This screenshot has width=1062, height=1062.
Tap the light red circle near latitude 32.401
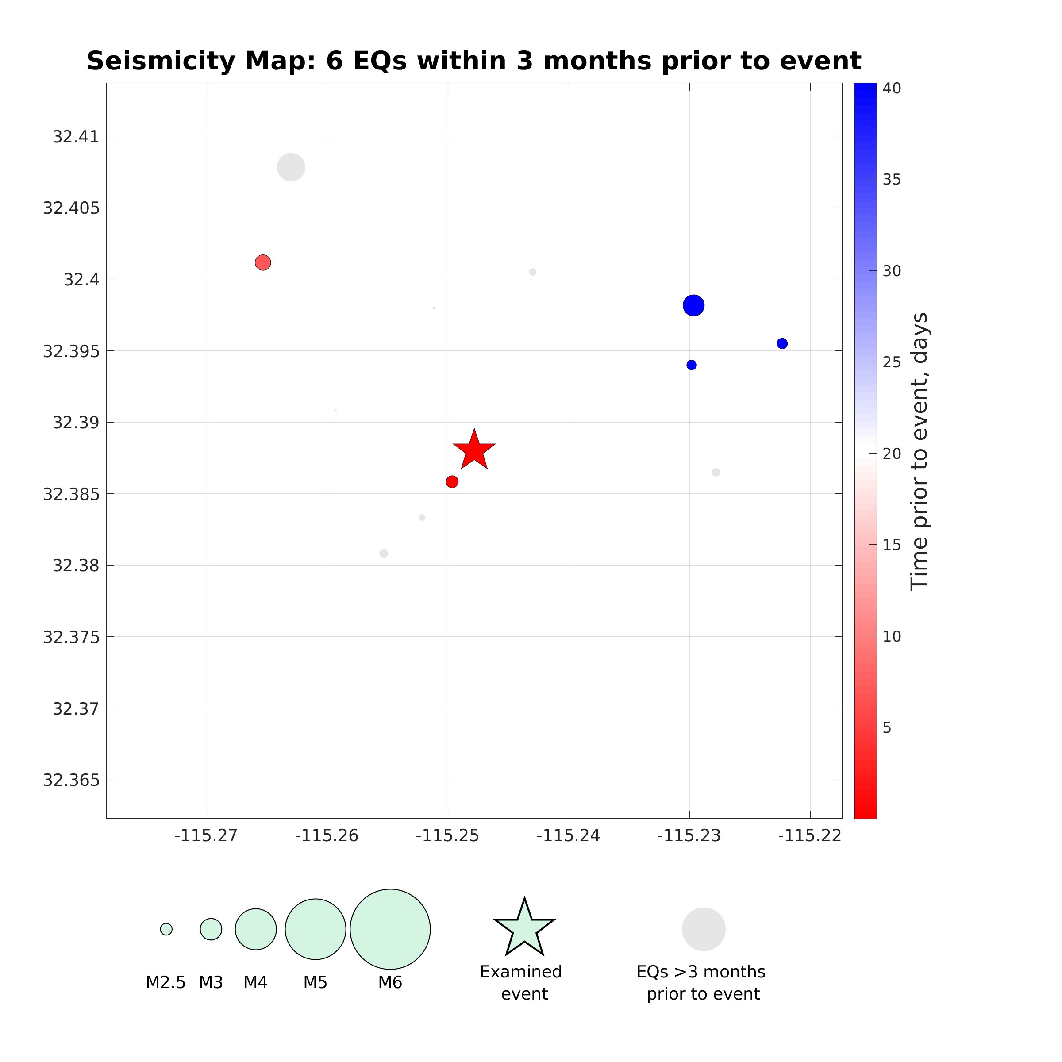(263, 263)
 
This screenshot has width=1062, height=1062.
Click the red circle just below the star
(452, 481)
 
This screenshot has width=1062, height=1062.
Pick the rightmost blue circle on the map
(781, 343)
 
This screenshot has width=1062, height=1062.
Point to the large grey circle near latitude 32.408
(291, 167)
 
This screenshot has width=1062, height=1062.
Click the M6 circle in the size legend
(390, 929)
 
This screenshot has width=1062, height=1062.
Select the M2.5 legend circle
(166, 929)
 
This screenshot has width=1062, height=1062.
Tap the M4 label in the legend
(256, 982)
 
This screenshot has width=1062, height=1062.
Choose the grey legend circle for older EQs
(704, 929)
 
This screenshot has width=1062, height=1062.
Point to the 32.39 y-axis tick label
(76, 423)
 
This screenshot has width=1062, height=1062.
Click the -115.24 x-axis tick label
(568, 836)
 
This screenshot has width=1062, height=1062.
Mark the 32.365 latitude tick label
(71, 780)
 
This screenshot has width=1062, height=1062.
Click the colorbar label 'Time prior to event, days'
(919, 451)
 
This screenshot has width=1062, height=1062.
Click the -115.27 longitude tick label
(206, 836)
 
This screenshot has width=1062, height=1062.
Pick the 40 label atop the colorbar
(892, 88)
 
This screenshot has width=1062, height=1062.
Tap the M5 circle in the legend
(315, 929)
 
